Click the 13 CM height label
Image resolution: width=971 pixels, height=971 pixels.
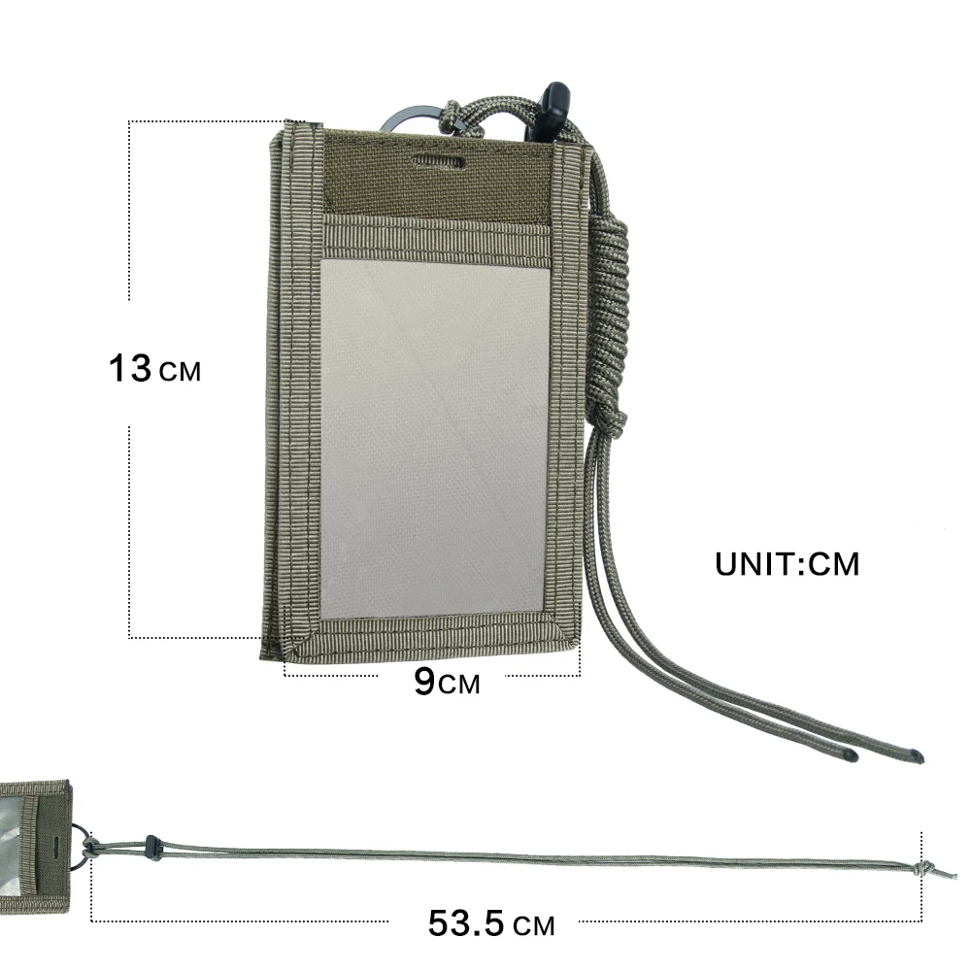pos(154,369)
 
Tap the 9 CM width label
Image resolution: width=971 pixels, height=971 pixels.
pos(446,682)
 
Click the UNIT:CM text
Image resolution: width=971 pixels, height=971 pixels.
pos(787,564)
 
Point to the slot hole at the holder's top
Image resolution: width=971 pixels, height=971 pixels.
pos(439,159)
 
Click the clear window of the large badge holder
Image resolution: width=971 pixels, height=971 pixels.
pos(435,437)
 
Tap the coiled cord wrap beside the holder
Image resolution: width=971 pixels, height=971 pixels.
pos(609,320)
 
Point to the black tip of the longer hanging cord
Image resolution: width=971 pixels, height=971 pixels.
pos(918,756)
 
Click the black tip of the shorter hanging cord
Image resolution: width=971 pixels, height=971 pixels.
pos(850,753)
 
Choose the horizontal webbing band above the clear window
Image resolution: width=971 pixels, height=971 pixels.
pos(437,241)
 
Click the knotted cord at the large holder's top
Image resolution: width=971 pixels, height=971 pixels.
pos(452,117)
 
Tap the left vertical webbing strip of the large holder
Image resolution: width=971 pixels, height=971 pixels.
pos(307,388)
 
